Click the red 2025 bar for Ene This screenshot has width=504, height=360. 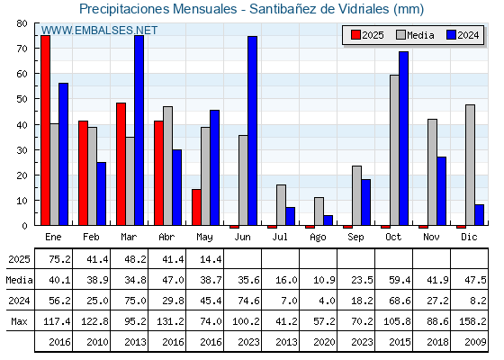(x=45, y=130)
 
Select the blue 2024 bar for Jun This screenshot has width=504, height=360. (x=252, y=130)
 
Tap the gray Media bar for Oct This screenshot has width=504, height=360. (x=394, y=150)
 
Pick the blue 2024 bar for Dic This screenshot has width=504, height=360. (x=479, y=215)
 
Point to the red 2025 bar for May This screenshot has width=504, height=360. (x=196, y=207)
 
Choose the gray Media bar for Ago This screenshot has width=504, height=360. (x=319, y=211)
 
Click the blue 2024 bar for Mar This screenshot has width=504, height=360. (x=139, y=130)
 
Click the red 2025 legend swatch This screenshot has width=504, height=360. (x=355, y=35)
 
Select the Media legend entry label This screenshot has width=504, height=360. (x=420, y=35)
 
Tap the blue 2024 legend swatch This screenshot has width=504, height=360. (x=451, y=35)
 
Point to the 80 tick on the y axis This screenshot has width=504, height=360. (x=22, y=23)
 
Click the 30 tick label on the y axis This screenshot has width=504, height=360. (x=22, y=150)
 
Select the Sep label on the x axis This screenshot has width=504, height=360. (x=355, y=238)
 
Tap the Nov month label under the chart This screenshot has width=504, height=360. (x=431, y=237)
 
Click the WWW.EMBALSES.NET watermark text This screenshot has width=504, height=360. (x=99, y=31)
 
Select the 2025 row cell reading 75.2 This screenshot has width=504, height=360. (x=59, y=259)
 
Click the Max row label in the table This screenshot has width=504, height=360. (x=19, y=321)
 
